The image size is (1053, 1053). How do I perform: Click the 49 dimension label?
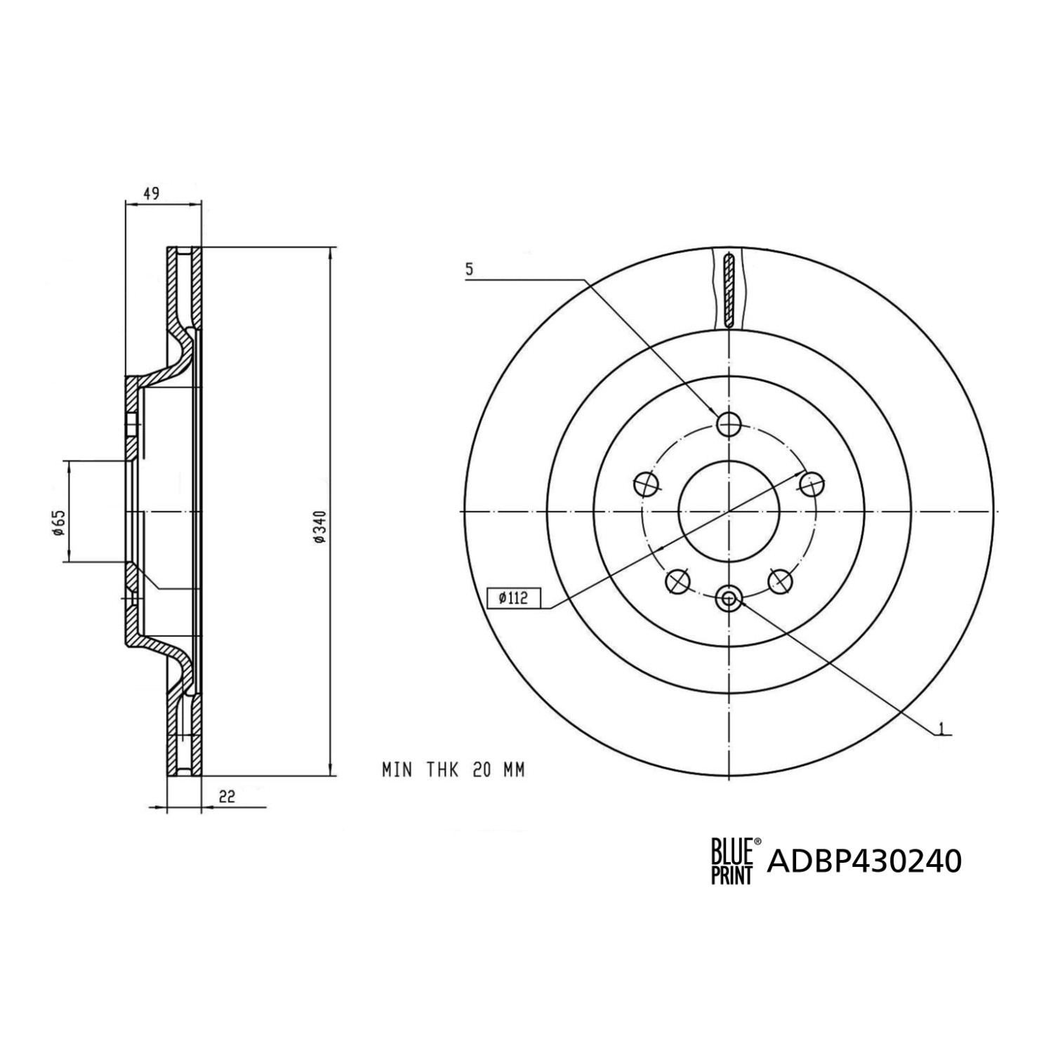click(x=152, y=193)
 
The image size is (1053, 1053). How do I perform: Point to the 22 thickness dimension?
click(x=226, y=796)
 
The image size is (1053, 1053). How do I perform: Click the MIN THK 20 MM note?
click(x=453, y=770)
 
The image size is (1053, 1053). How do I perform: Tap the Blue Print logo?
click(x=732, y=861)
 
